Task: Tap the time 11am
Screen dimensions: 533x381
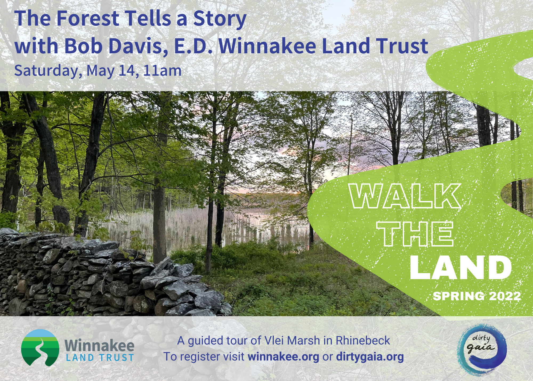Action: [162, 71]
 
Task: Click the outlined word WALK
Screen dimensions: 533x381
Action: [405, 196]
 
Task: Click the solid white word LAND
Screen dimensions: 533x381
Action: [460, 267]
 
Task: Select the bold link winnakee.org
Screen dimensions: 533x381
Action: [283, 357]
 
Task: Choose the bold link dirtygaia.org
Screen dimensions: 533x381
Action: [370, 357]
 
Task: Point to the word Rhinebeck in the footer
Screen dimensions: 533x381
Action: [363, 341]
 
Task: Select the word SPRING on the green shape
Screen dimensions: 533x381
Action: [457, 296]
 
